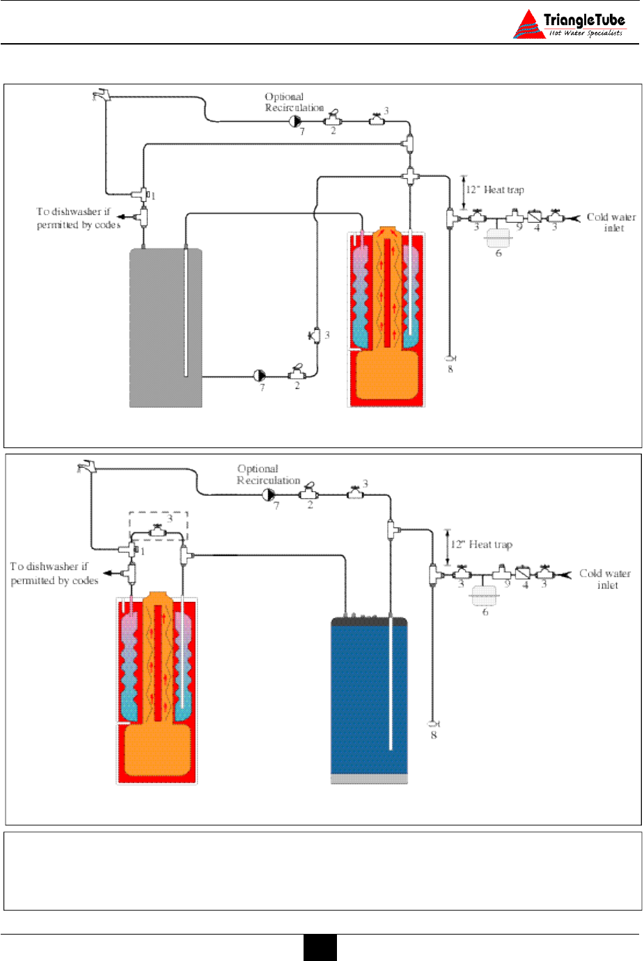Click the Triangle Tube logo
tap(570, 25)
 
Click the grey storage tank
tap(166, 327)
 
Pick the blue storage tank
tap(369, 699)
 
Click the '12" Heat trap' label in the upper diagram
tap(495, 190)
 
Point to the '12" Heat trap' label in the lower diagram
tap(481, 545)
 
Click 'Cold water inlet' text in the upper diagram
tap(611, 222)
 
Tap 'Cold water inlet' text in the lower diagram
tap(605, 579)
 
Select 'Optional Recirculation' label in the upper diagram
tap(294, 102)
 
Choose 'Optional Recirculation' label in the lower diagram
tap(268, 475)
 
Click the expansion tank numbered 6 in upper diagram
tap(498, 238)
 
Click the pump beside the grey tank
tap(260, 376)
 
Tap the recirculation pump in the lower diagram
tap(269, 495)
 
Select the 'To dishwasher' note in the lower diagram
tap(54, 573)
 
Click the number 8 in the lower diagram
tap(434, 735)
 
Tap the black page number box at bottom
tap(320, 947)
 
